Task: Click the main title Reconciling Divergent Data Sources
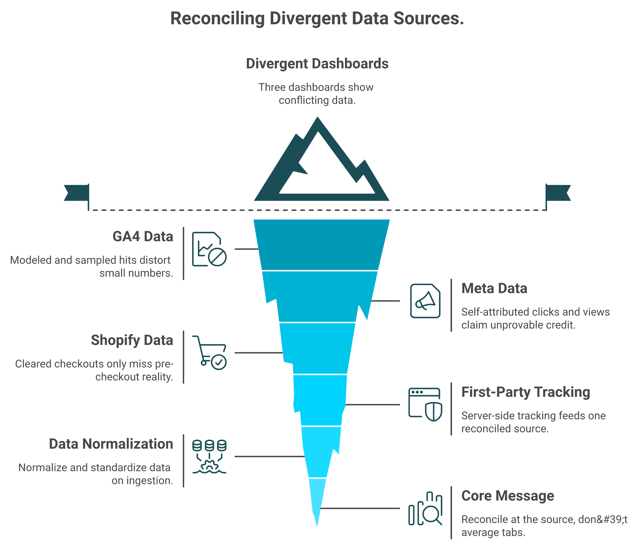click(317, 18)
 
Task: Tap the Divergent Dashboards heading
click(317, 64)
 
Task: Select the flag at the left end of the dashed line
click(77, 193)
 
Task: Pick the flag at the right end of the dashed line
click(558, 193)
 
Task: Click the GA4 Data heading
click(143, 237)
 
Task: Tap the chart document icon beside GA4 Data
click(209, 249)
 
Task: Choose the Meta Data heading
click(494, 288)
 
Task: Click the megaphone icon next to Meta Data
click(425, 301)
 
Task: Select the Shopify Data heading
click(132, 340)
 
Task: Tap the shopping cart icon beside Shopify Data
click(209, 353)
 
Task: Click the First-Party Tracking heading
click(526, 392)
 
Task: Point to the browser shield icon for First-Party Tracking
click(425, 404)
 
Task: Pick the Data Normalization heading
click(111, 444)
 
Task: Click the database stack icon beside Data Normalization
click(209, 456)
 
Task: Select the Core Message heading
click(508, 496)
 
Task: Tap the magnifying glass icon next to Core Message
click(425, 508)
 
